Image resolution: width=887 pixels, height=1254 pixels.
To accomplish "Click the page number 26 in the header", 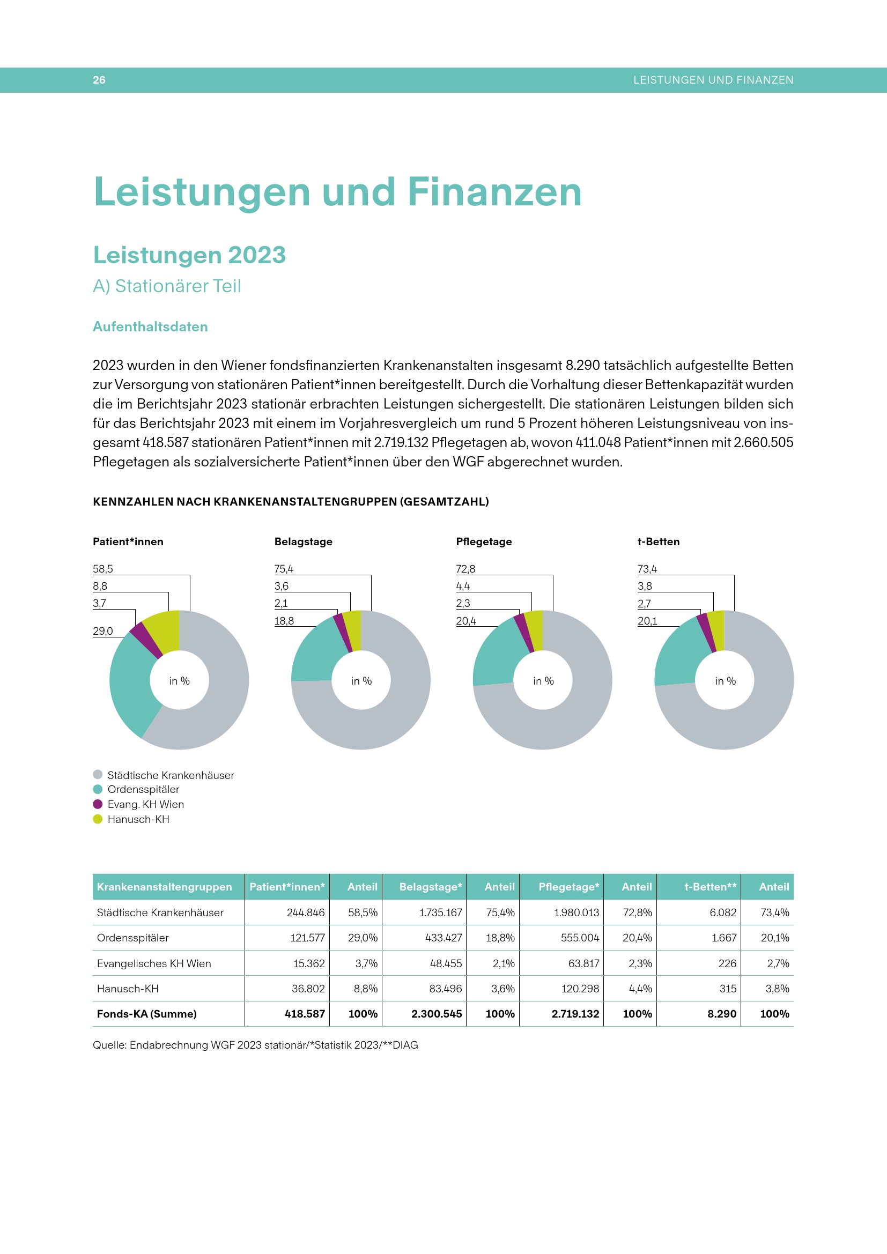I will (99, 80).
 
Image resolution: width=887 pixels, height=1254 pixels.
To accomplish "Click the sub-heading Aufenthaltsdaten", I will (150, 327).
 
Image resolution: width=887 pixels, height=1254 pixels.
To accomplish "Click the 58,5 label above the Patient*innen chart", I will (102, 569).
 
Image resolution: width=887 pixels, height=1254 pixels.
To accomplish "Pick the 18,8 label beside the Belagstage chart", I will (284, 621).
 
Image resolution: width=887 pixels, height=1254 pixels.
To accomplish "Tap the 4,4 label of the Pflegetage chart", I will (463, 586).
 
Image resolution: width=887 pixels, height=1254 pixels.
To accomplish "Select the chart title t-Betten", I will (658, 541).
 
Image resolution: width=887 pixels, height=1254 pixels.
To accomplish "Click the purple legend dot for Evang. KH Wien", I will (98, 804).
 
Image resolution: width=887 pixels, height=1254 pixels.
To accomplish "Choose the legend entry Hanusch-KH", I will (138, 819).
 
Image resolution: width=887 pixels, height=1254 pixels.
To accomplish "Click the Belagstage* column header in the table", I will (430, 886).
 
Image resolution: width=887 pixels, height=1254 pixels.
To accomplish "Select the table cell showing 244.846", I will (305, 912).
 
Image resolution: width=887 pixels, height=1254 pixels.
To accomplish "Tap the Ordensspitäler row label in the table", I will (132, 938).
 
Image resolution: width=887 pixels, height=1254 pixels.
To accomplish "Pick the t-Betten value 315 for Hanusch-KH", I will (728, 989).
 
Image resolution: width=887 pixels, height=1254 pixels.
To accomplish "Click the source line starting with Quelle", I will (255, 1045).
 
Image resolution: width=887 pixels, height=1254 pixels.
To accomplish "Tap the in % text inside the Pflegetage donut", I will (543, 681).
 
